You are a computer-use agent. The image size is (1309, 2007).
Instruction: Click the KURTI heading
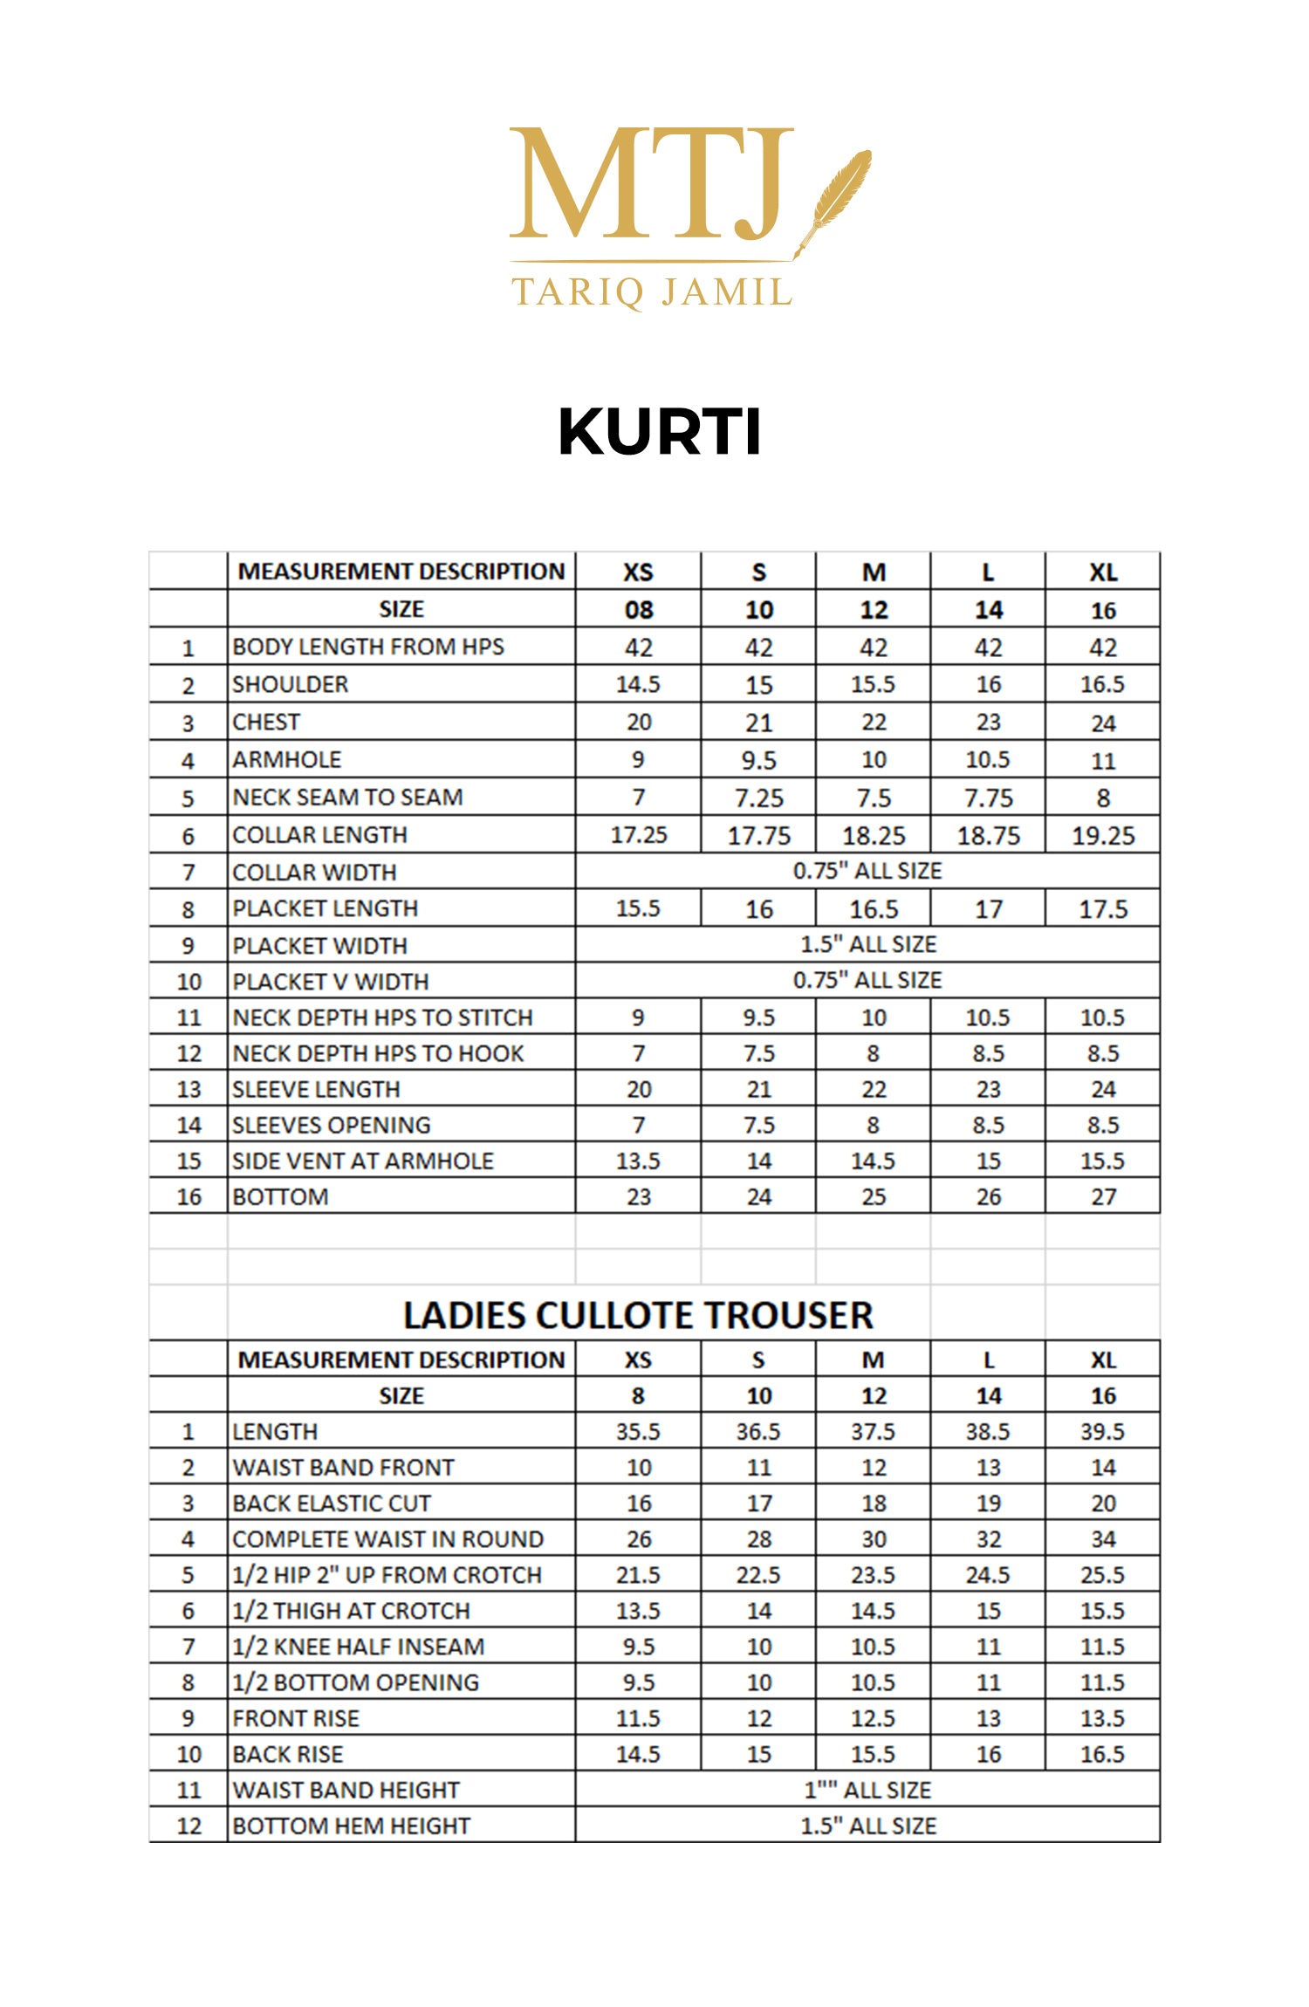pos(659,432)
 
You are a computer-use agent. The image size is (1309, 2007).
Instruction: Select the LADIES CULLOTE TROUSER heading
pos(638,1315)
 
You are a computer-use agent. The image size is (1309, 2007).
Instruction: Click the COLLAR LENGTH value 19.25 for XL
pos(1103,836)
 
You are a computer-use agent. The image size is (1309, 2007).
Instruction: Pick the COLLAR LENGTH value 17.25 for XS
pos(638,835)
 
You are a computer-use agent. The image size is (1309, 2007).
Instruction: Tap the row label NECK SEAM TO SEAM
pos(347,798)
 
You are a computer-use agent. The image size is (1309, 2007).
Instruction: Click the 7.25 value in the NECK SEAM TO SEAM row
pos(758,798)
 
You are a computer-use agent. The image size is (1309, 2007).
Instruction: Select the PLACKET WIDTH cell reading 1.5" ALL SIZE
pos(868,944)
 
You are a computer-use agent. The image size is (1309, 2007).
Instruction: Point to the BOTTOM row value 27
pos(1103,1196)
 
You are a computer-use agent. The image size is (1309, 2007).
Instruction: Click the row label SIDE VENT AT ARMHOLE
pos(363,1161)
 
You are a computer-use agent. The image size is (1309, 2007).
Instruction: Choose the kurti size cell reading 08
pos(638,610)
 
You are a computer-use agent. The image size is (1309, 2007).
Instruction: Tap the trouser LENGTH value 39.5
pos(1103,1432)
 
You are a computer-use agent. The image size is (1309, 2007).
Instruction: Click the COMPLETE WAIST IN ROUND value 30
pos(874,1539)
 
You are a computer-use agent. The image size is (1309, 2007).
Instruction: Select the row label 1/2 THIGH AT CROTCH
pos(351,1611)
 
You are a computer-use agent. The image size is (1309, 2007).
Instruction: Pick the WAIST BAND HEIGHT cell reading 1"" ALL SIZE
pos(868,1790)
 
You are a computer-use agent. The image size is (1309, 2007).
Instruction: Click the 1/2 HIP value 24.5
pos(988,1575)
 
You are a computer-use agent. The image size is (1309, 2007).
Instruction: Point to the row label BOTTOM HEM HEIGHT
pos(351,1825)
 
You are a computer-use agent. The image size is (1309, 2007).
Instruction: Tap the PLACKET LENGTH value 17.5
pos(1103,909)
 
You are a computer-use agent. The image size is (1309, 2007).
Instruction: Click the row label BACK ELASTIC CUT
pos(332,1504)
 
